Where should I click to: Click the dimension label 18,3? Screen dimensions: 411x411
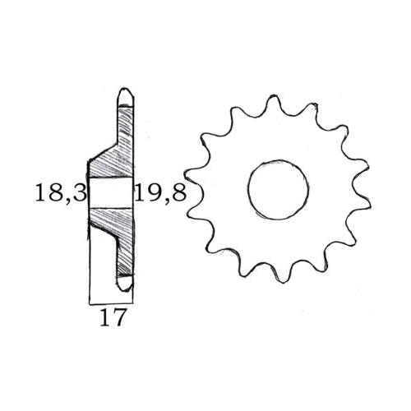click(59, 194)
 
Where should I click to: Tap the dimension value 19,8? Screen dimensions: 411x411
click(160, 194)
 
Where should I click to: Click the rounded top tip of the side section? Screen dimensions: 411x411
click(125, 95)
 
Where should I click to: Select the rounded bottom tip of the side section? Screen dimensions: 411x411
click(125, 283)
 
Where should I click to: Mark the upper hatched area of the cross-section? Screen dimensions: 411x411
click(115, 156)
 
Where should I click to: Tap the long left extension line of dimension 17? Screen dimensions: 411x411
click(88, 263)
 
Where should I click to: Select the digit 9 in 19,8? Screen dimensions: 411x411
click(150, 194)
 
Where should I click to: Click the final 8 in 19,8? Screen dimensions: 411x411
click(178, 194)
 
